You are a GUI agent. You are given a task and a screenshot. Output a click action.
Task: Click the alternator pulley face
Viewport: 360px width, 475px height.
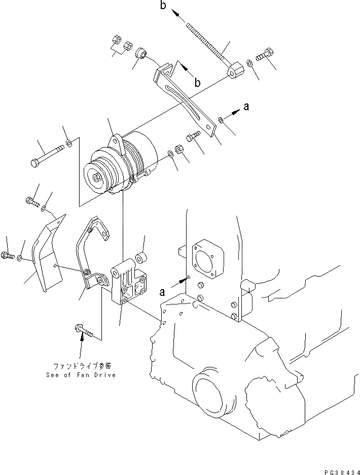pyautogui.click(x=98, y=177)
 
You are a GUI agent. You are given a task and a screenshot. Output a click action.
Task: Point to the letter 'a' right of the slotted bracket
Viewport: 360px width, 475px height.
pyautogui.click(x=246, y=107)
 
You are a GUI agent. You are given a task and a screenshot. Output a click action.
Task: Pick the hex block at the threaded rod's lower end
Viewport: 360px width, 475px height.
pyautogui.click(x=236, y=71)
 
